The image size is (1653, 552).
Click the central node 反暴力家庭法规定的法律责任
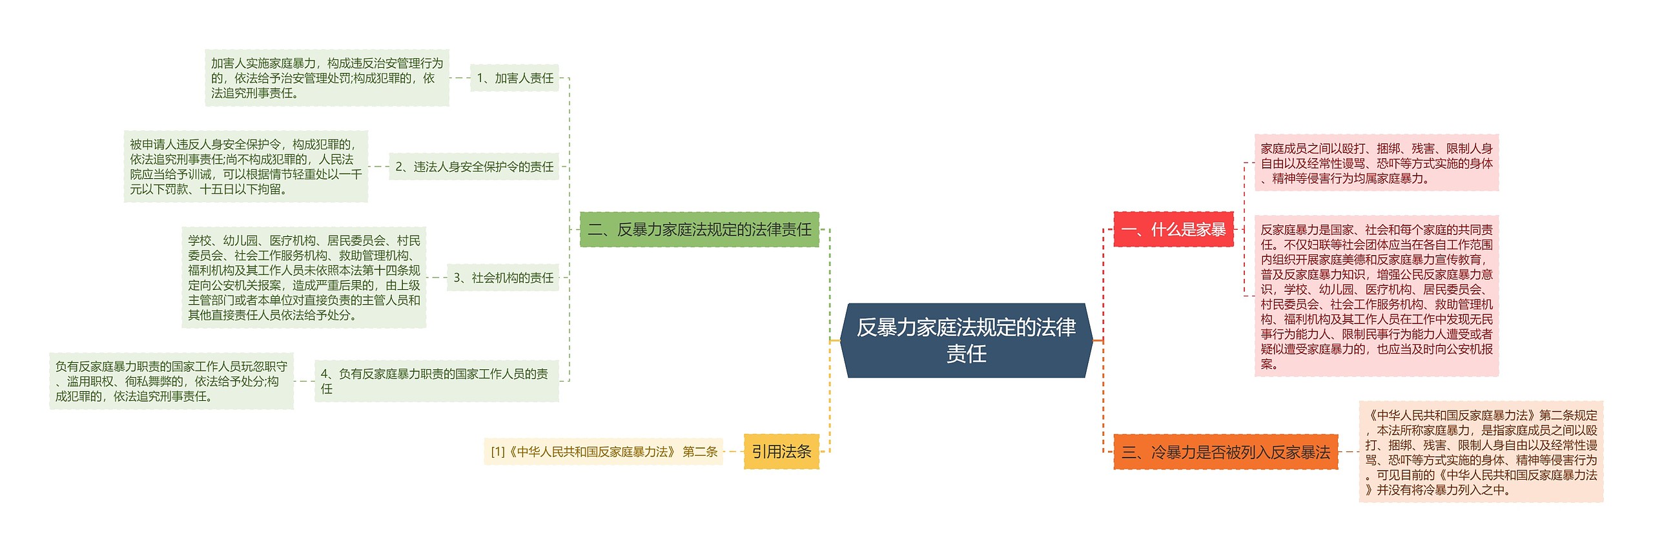coord(966,329)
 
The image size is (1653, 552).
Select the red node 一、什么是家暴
coord(1173,229)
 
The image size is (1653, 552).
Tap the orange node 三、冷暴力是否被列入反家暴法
coord(1226,452)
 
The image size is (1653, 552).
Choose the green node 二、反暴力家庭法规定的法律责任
coord(699,229)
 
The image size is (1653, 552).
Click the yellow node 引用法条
coord(781,451)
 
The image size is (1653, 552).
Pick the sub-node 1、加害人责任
coord(515,78)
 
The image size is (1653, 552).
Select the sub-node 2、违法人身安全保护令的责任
coord(474,167)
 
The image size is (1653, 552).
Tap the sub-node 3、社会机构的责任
coord(503,278)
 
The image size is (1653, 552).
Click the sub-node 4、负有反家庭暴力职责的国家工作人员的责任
coord(436,381)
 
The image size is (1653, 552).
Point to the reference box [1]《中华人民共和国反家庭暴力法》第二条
coord(603,452)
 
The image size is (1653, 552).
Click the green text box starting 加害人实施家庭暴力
coord(327,78)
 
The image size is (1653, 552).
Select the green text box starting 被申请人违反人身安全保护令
coord(245,167)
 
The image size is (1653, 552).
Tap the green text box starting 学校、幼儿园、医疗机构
coord(303,278)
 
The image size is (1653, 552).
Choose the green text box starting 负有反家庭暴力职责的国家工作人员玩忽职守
coord(171,381)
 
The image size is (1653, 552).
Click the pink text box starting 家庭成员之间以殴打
coord(1376,163)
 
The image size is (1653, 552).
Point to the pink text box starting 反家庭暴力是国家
coord(1376,296)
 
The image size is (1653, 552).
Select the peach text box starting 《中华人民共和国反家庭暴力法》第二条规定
coord(1481,452)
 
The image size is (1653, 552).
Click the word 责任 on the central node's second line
coord(966,354)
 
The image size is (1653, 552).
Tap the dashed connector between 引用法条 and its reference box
coord(734,452)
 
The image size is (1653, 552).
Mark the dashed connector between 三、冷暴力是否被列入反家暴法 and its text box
coord(1349,452)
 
